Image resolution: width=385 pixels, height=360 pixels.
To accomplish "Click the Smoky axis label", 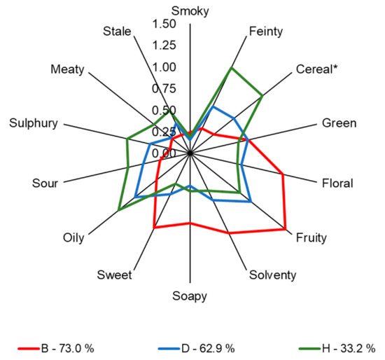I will pos(190,10).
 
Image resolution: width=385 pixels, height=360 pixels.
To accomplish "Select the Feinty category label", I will pos(267,32).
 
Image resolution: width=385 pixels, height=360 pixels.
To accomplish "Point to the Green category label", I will pos(339,124).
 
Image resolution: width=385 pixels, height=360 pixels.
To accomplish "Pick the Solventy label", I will pos(273,275).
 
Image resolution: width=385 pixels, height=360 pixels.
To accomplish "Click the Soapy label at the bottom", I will pos(190,296).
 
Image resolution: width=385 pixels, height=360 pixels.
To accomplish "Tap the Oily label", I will pos(73,238).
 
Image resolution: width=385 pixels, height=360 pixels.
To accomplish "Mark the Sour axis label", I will pos(45,184).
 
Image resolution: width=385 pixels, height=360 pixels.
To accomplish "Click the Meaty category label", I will pos(67,69).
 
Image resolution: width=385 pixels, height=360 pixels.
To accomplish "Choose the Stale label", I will pos(117,32).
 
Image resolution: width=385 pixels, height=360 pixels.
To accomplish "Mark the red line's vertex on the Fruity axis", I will pos(286,229).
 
